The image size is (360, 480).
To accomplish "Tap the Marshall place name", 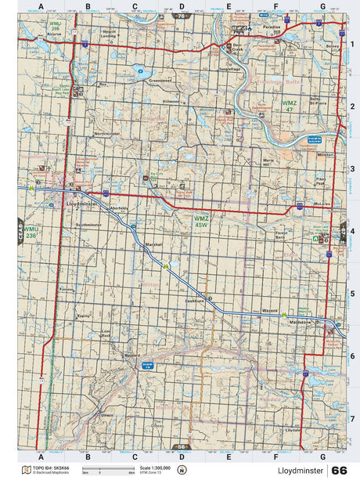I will click(x=154, y=244).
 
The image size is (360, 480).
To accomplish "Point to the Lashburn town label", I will click(x=194, y=301).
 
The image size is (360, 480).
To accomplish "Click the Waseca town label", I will click(x=271, y=310).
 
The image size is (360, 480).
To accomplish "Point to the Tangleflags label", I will click(x=229, y=68).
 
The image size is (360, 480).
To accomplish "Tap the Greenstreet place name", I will click(x=160, y=80).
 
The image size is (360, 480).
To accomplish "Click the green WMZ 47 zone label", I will click(x=268, y=105).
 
